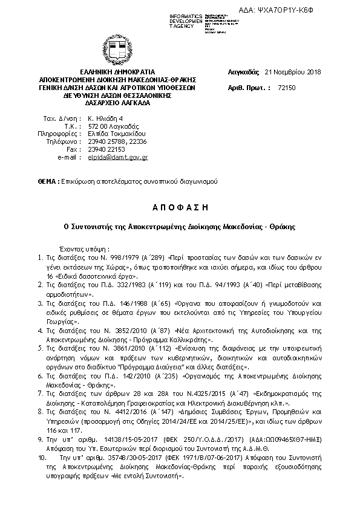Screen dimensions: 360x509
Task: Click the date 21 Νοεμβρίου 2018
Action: tap(293, 71)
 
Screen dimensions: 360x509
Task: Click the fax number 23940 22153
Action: tap(106, 149)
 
